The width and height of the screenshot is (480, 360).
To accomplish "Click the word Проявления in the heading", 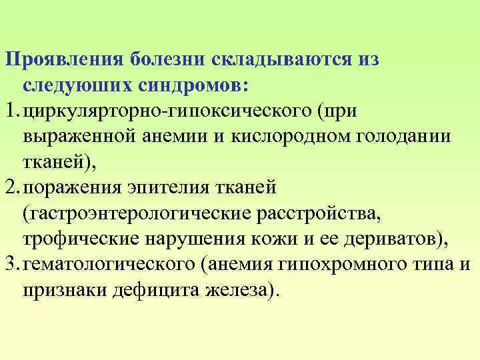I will [x=63, y=61].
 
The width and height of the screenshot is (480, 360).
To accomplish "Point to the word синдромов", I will [x=193, y=86].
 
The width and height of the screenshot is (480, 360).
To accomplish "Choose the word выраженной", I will [x=78, y=137].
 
